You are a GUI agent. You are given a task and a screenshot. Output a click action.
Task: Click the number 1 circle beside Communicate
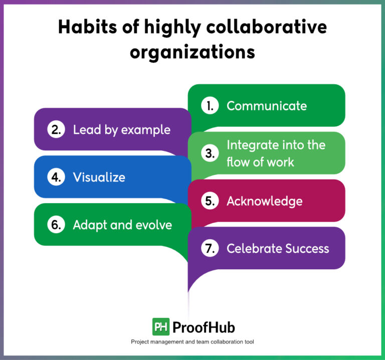click(x=210, y=106)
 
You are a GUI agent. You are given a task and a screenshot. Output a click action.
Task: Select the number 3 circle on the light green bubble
click(x=210, y=154)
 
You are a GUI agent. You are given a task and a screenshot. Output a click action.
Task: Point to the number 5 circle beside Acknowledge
click(x=210, y=201)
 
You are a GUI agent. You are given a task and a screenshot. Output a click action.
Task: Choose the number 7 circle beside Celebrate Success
click(x=210, y=249)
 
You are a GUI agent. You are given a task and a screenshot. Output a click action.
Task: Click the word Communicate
click(x=266, y=106)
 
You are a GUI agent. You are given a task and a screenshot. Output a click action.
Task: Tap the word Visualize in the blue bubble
click(x=99, y=177)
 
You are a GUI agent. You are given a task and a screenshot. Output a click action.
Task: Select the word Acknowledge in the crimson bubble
click(x=264, y=201)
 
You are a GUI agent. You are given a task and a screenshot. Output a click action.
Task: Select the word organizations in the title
click(x=192, y=52)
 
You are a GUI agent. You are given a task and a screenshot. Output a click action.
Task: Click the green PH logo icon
click(x=160, y=327)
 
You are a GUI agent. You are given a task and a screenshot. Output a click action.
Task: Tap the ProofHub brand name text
click(x=203, y=327)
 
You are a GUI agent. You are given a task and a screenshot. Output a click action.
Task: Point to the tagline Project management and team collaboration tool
click(x=192, y=342)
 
